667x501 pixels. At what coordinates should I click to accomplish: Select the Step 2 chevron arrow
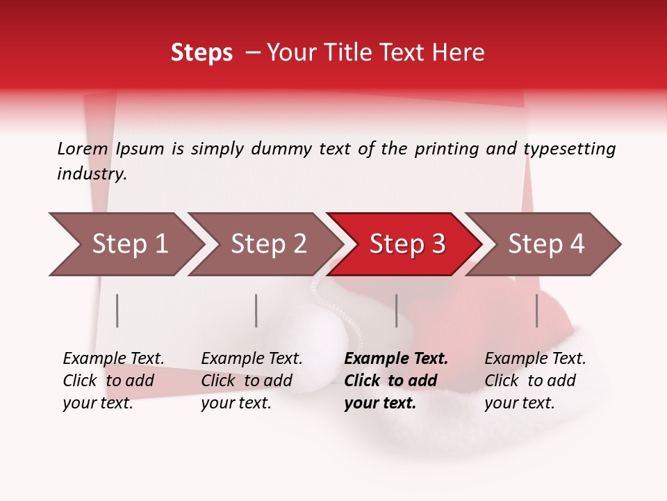[267, 244]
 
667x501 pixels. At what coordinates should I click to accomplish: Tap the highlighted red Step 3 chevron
[406, 244]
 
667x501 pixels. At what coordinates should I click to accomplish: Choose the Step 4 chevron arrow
[545, 244]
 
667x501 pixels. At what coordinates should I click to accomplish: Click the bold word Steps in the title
[201, 53]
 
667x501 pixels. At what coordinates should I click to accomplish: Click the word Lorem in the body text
[83, 148]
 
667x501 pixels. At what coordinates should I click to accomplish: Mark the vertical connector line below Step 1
[117, 310]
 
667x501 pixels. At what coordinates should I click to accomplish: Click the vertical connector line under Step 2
[256, 310]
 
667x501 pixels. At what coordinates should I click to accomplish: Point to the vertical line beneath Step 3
[397, 310]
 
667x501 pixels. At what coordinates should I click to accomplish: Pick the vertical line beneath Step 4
[536, 310]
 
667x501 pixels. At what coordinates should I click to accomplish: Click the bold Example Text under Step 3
[396, 359]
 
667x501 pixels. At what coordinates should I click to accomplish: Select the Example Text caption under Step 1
[113, 359]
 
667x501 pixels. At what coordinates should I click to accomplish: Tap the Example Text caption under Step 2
[252, 359]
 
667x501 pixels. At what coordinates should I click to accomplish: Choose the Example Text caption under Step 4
[535, 359]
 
